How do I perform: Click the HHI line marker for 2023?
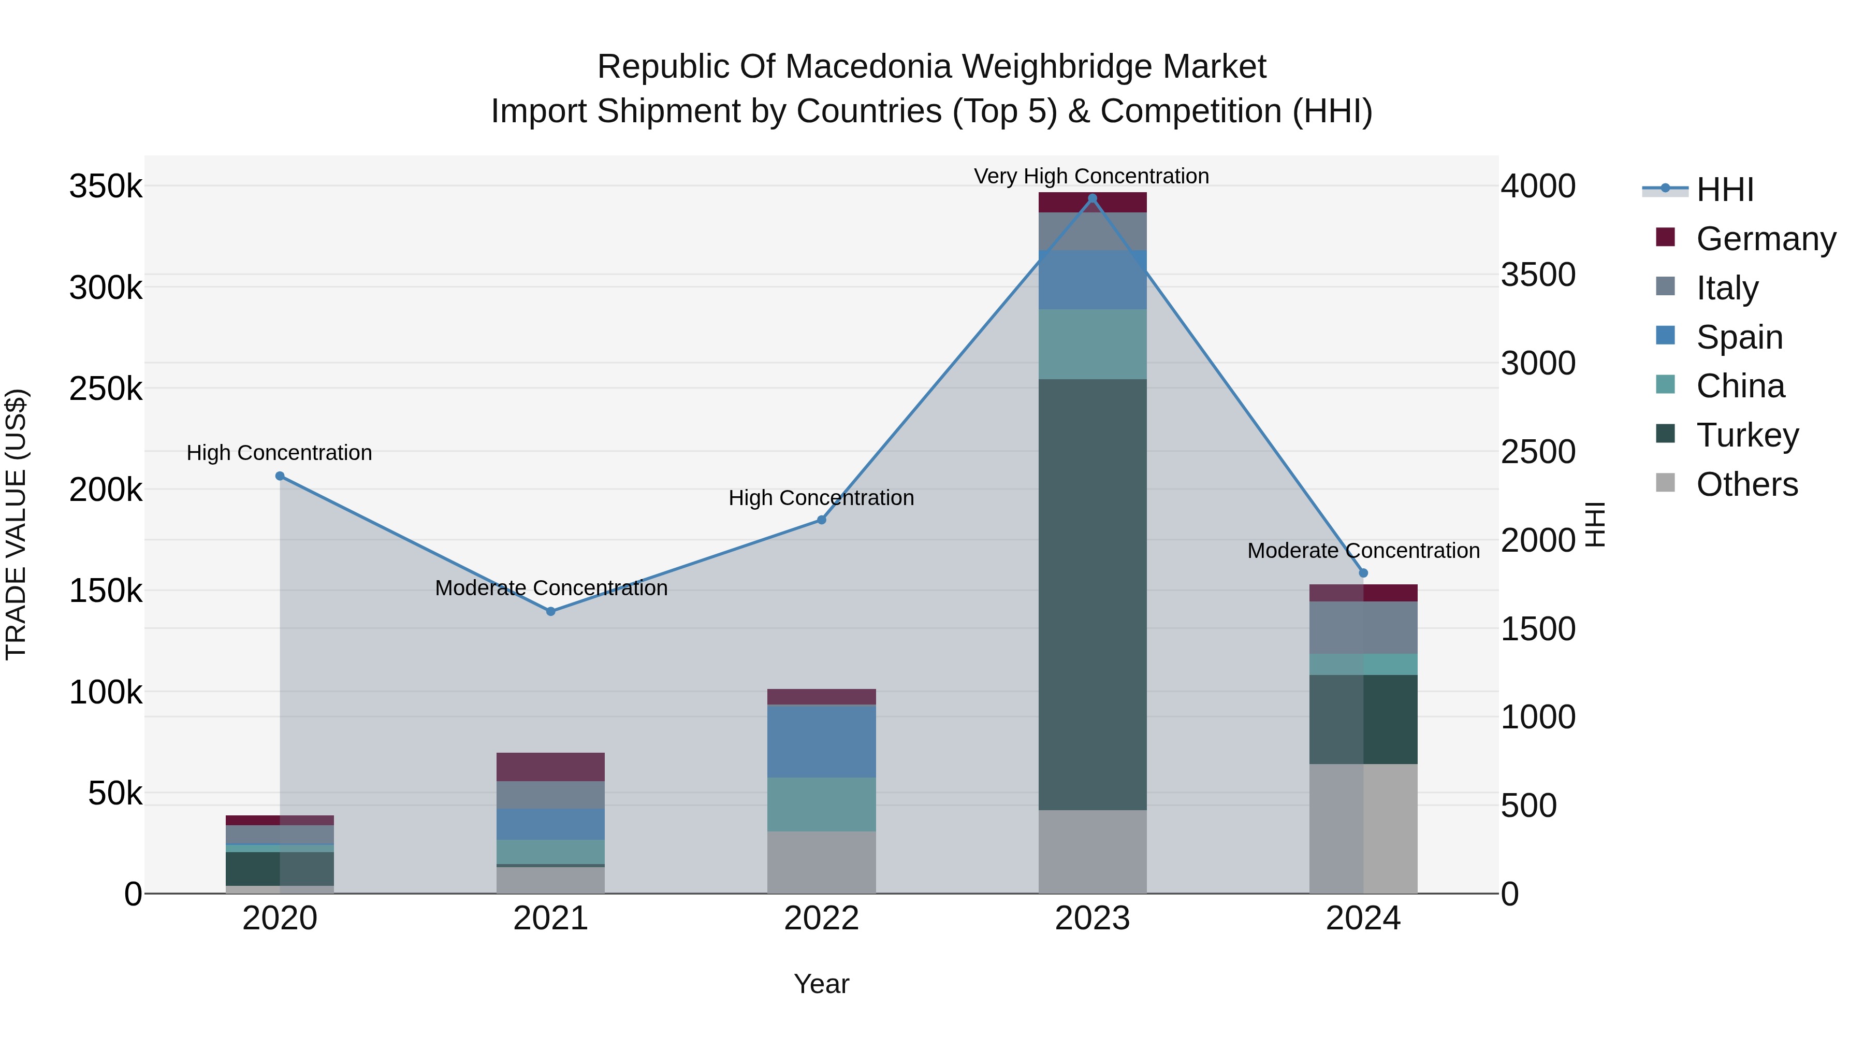(1093, 198)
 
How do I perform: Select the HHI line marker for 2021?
(551, 611)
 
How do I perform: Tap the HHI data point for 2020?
(280, 476)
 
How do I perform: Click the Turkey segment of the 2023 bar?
(1093, 594)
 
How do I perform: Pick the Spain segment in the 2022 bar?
(821, 741)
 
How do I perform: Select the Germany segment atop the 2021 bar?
(551, 767)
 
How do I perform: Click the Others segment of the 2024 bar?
(1363, 828)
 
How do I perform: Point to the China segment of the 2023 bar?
(1093, 344)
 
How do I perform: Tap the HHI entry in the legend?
(1700, 190)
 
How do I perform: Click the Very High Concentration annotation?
(1091, 176)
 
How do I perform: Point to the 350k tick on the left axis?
(106, 187)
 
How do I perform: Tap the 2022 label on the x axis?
(821, 918)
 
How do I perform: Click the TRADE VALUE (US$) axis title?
(16, 524)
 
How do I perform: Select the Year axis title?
(821, 984)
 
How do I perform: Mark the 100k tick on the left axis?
(106, 693)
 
